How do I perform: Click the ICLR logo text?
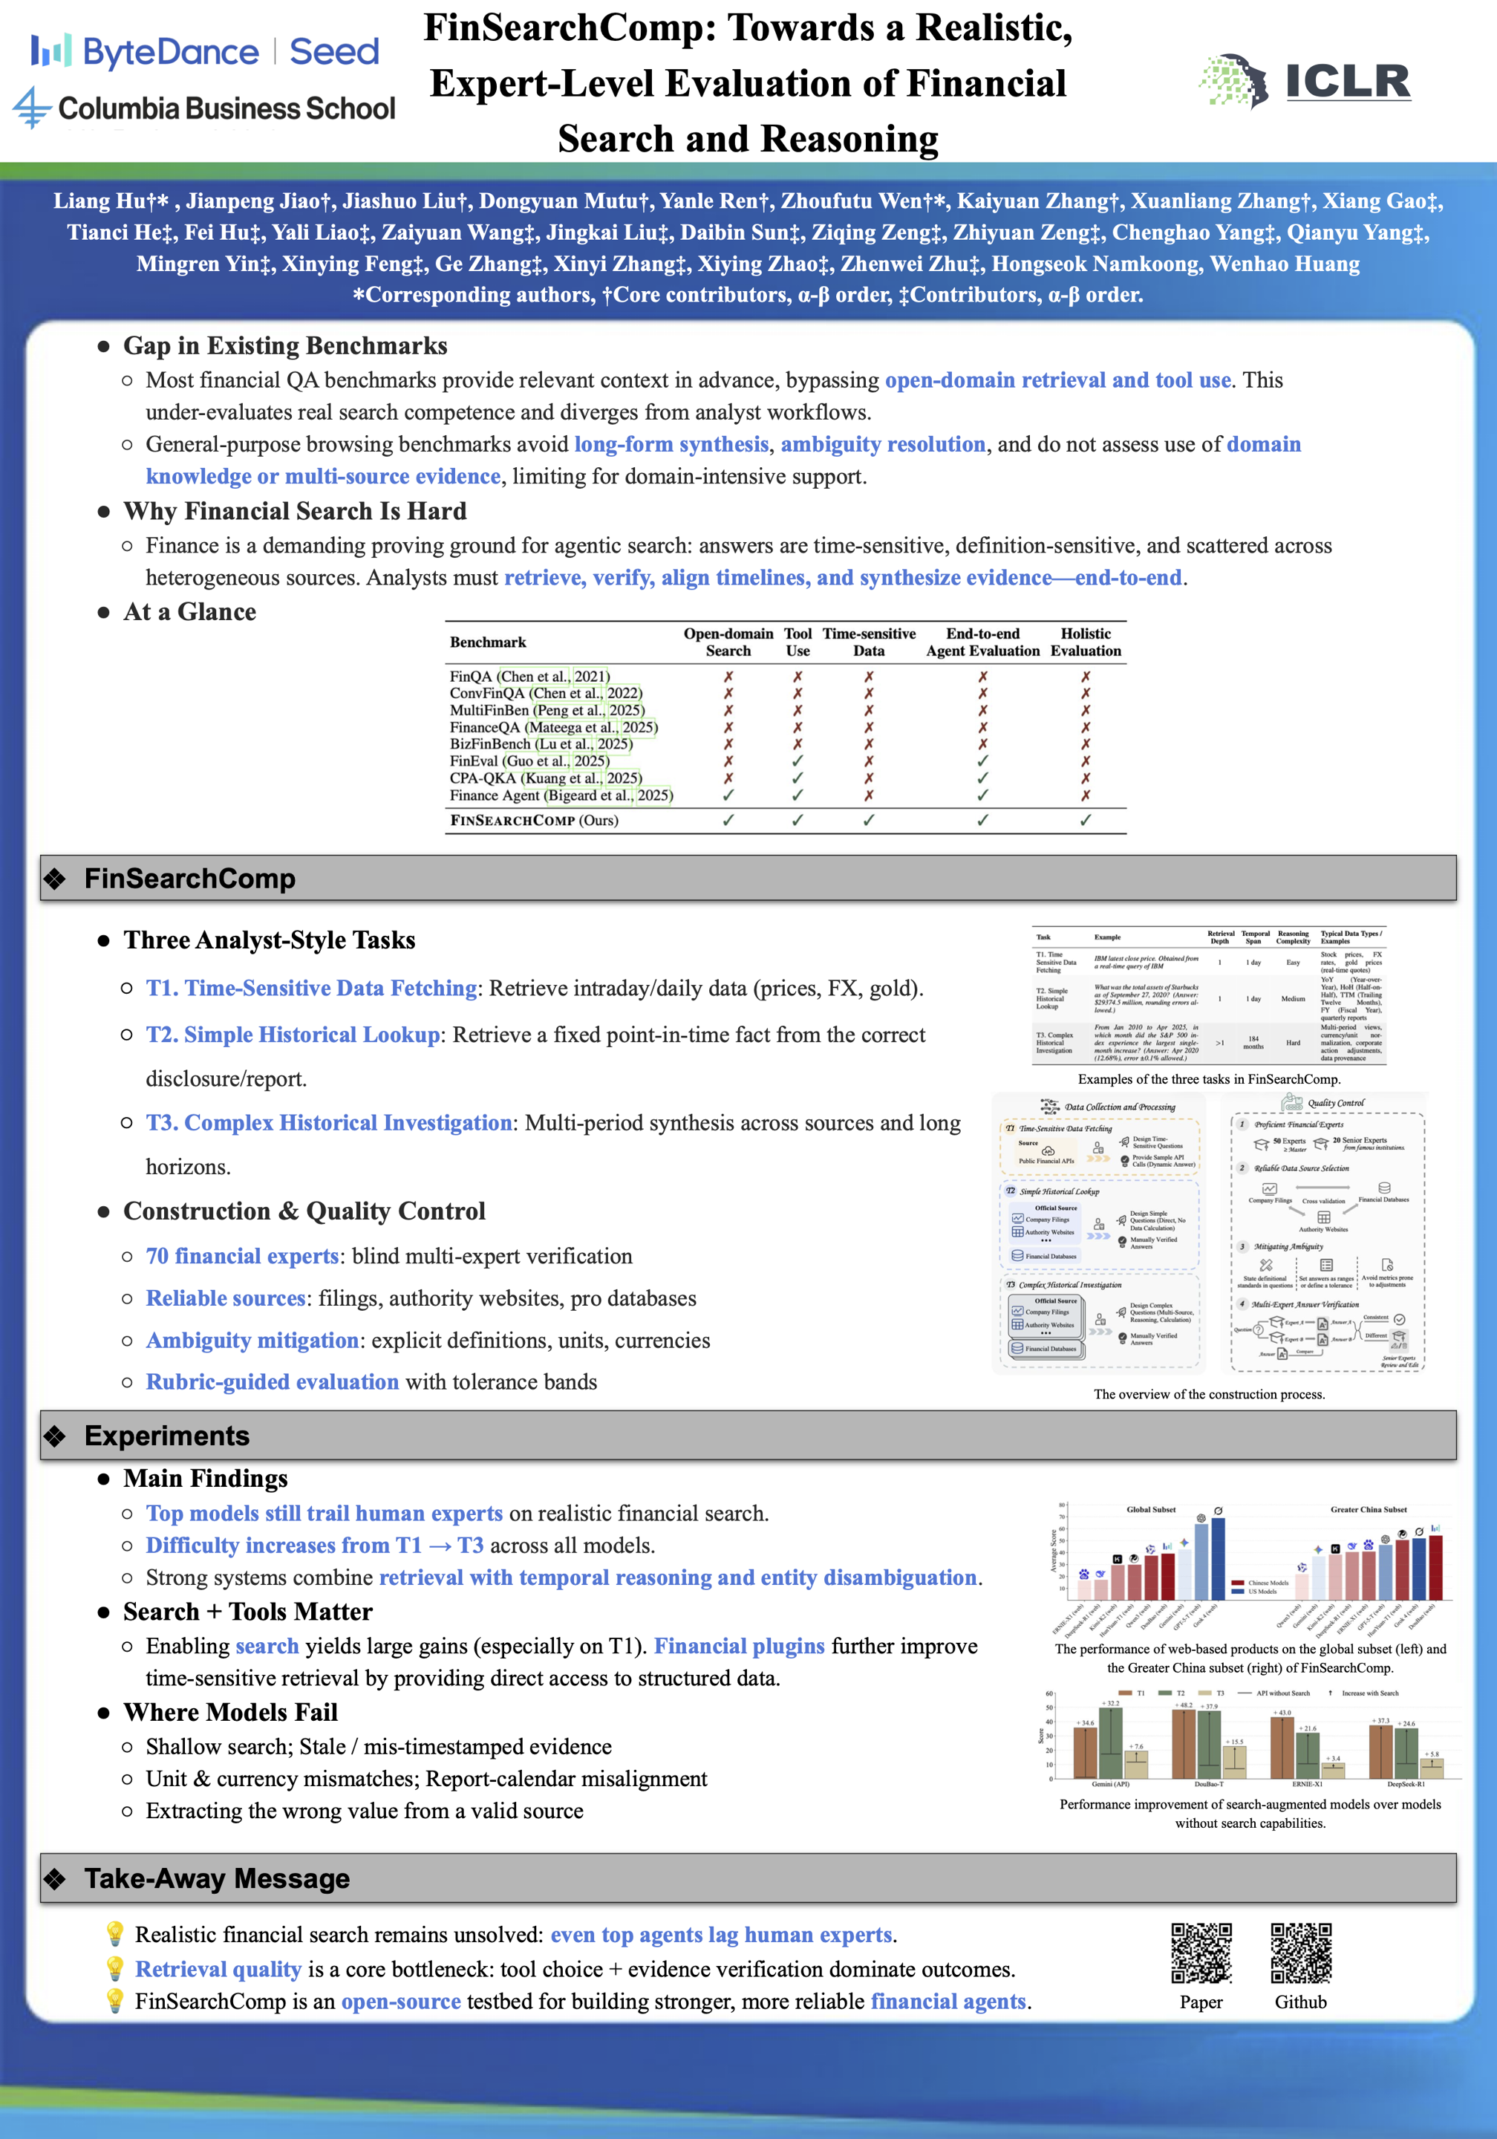pyautogui.click(x=1347, y=81)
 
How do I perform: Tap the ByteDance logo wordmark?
pyautogui.click(x=171, y=52)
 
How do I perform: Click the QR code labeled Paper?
pyautogui.click(x=1201, y=1953)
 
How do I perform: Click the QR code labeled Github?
pyautogui.click(x=1300, y=1953)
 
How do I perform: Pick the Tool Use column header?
pyautogui.click(x=798, y=642)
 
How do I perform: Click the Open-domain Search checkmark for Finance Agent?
pyautogui.click(x=728, y=795)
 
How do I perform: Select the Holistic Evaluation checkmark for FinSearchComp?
pyautogui.click(x=1086, y=820)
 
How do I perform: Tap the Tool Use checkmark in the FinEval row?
pyautogui.click(x=798, y=761)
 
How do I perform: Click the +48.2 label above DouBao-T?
pyautogui.click(x=1183, y=1705)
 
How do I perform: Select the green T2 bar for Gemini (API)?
pyautogui.click(x=1110, y=1743)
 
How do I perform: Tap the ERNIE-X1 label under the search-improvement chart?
pyautogui.click(x=1307, y=1784)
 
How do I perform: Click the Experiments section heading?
pyautogui.click(x=167, y=1436)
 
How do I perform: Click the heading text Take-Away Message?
pyautogui.click(x=217, y=1878)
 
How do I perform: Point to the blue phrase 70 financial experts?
pyautogui.click(x=242, y=1256)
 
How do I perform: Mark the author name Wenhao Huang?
pyautogui.click(x=1285, y=264)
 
